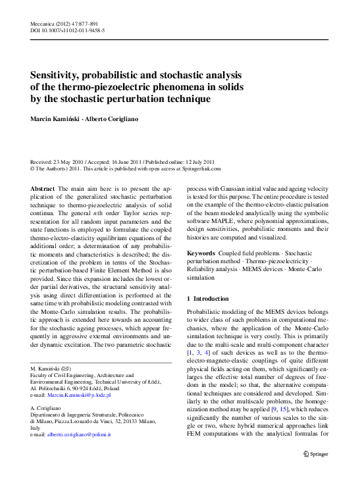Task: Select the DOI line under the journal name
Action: pos(68,31)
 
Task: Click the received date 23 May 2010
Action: pos(68,162)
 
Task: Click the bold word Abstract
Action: pos(43,189)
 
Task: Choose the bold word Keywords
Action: pos(201,253)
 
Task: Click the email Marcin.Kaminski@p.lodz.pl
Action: pos(80,395)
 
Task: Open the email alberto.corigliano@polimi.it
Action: pos(80,435)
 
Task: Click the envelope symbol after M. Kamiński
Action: pos(66,369)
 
